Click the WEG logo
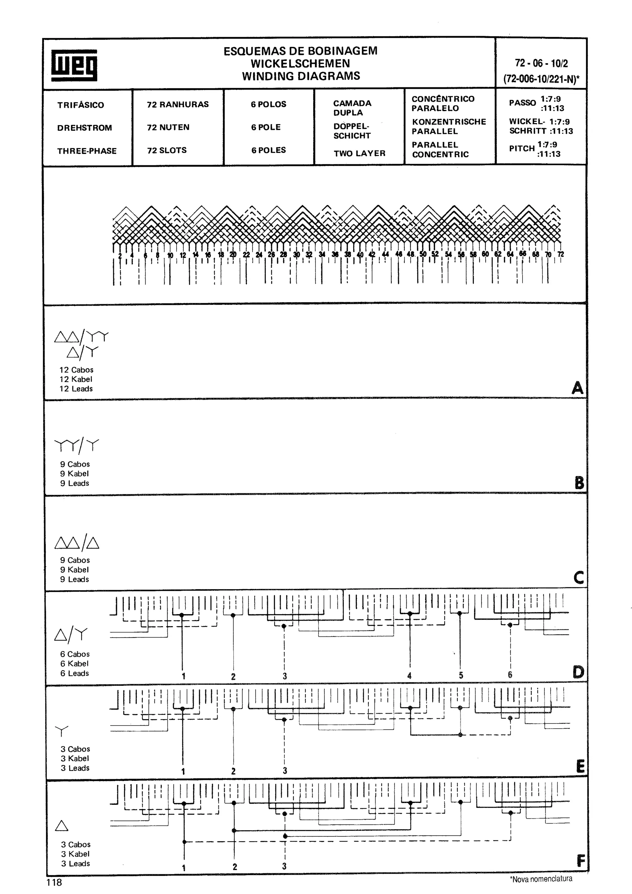coord(74,65)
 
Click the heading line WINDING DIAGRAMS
coord(301,76)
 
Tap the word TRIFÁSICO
coord(81,105)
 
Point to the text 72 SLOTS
coord(167,150)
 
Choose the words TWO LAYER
coord(359,153)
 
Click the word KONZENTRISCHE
coord(449,122)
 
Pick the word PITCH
coord(522,149)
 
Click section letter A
coord(577,388)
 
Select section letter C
coord(579,577)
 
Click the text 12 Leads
coord(76,389)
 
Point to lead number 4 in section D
coord(409,676)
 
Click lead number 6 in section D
coord(510,675)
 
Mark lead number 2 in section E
coord(233,771)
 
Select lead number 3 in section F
coord(284,866)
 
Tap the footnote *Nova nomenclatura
coord(541,879)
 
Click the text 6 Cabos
coord(75,654)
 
